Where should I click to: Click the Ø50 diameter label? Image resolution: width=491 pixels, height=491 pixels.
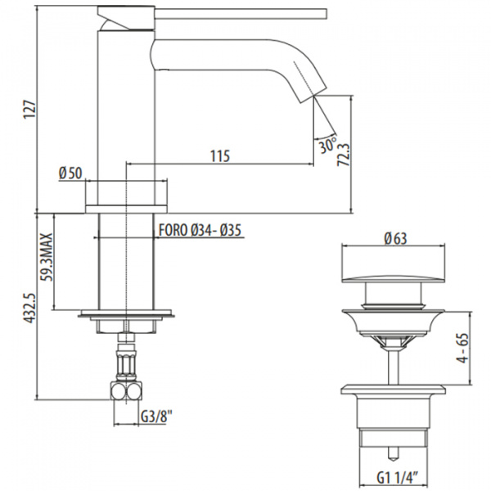(70, 173)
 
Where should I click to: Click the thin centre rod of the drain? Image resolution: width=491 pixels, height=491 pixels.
(394, 356)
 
